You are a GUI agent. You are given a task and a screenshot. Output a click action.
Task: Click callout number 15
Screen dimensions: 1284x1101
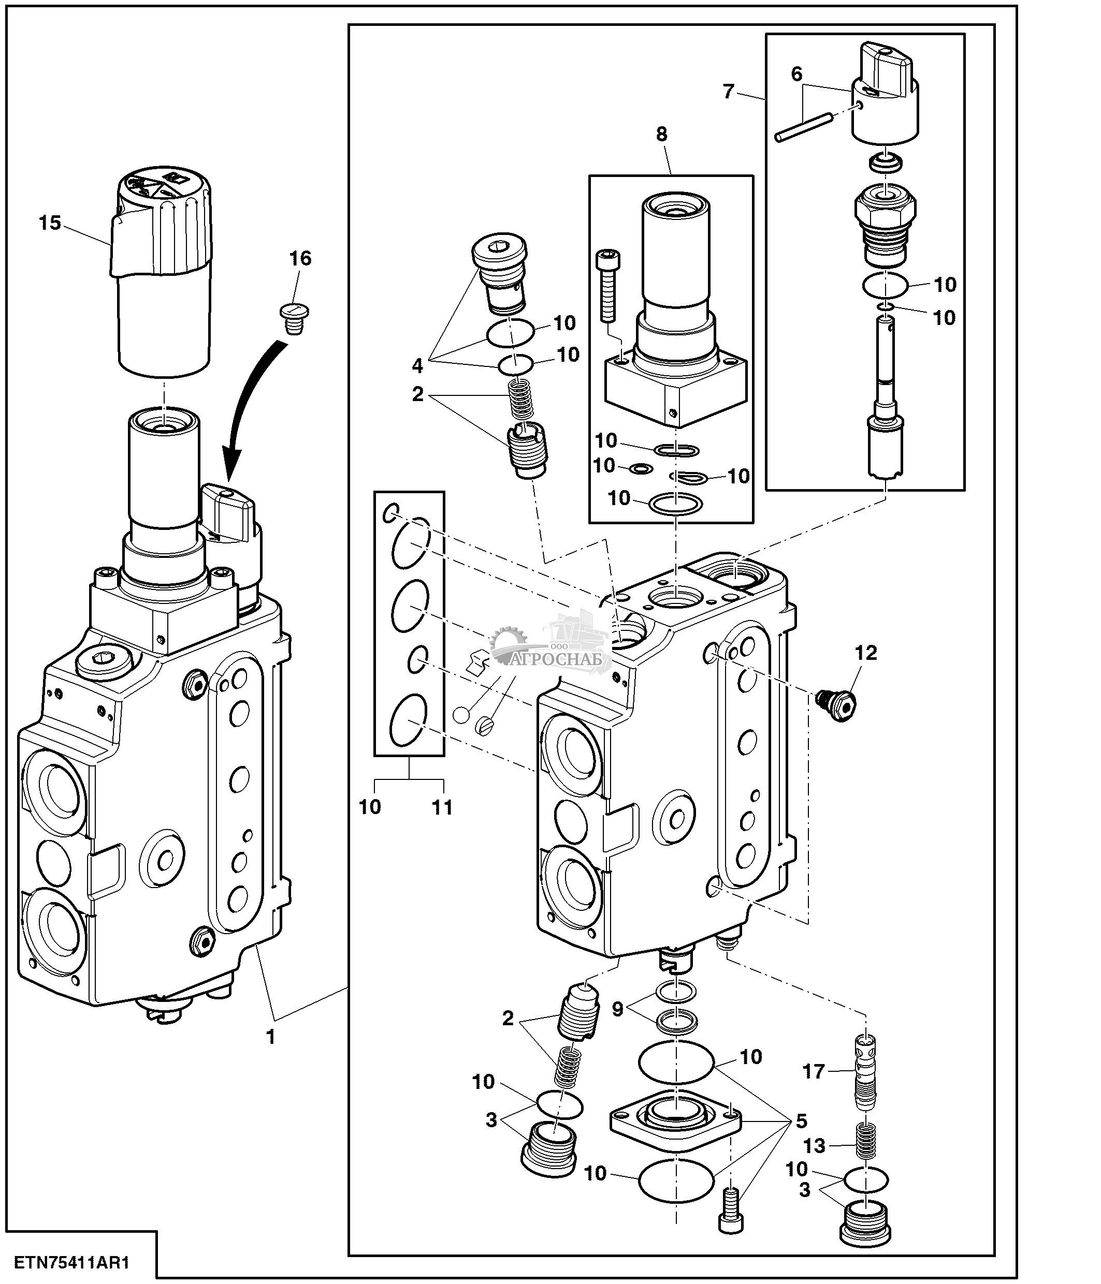click(x=50, y=223)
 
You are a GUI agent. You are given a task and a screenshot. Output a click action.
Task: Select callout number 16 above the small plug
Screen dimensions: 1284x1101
click(x=301, y=258)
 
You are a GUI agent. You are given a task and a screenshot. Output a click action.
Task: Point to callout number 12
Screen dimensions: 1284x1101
click(x=866, y=653)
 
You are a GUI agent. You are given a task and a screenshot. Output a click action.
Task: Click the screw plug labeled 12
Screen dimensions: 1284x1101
click(x=837, y=703)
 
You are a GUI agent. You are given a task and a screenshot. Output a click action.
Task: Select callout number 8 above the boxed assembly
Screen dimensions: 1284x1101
click(x=661, y=134)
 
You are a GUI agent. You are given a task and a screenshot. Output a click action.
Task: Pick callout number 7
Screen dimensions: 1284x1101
click(x=729, y=92)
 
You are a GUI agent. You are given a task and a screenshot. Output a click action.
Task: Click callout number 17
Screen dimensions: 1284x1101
click(x=814, y=1071)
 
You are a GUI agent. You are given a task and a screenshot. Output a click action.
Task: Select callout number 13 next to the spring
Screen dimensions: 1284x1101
click(x=815, y=1146)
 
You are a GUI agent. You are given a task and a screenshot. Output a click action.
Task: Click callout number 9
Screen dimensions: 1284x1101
click(x=617, y=1009)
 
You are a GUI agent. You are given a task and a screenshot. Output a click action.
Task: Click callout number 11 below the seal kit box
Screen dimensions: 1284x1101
click(x=442, y=807)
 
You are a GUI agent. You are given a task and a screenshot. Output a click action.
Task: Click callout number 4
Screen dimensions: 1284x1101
click(x=417, y=366)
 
